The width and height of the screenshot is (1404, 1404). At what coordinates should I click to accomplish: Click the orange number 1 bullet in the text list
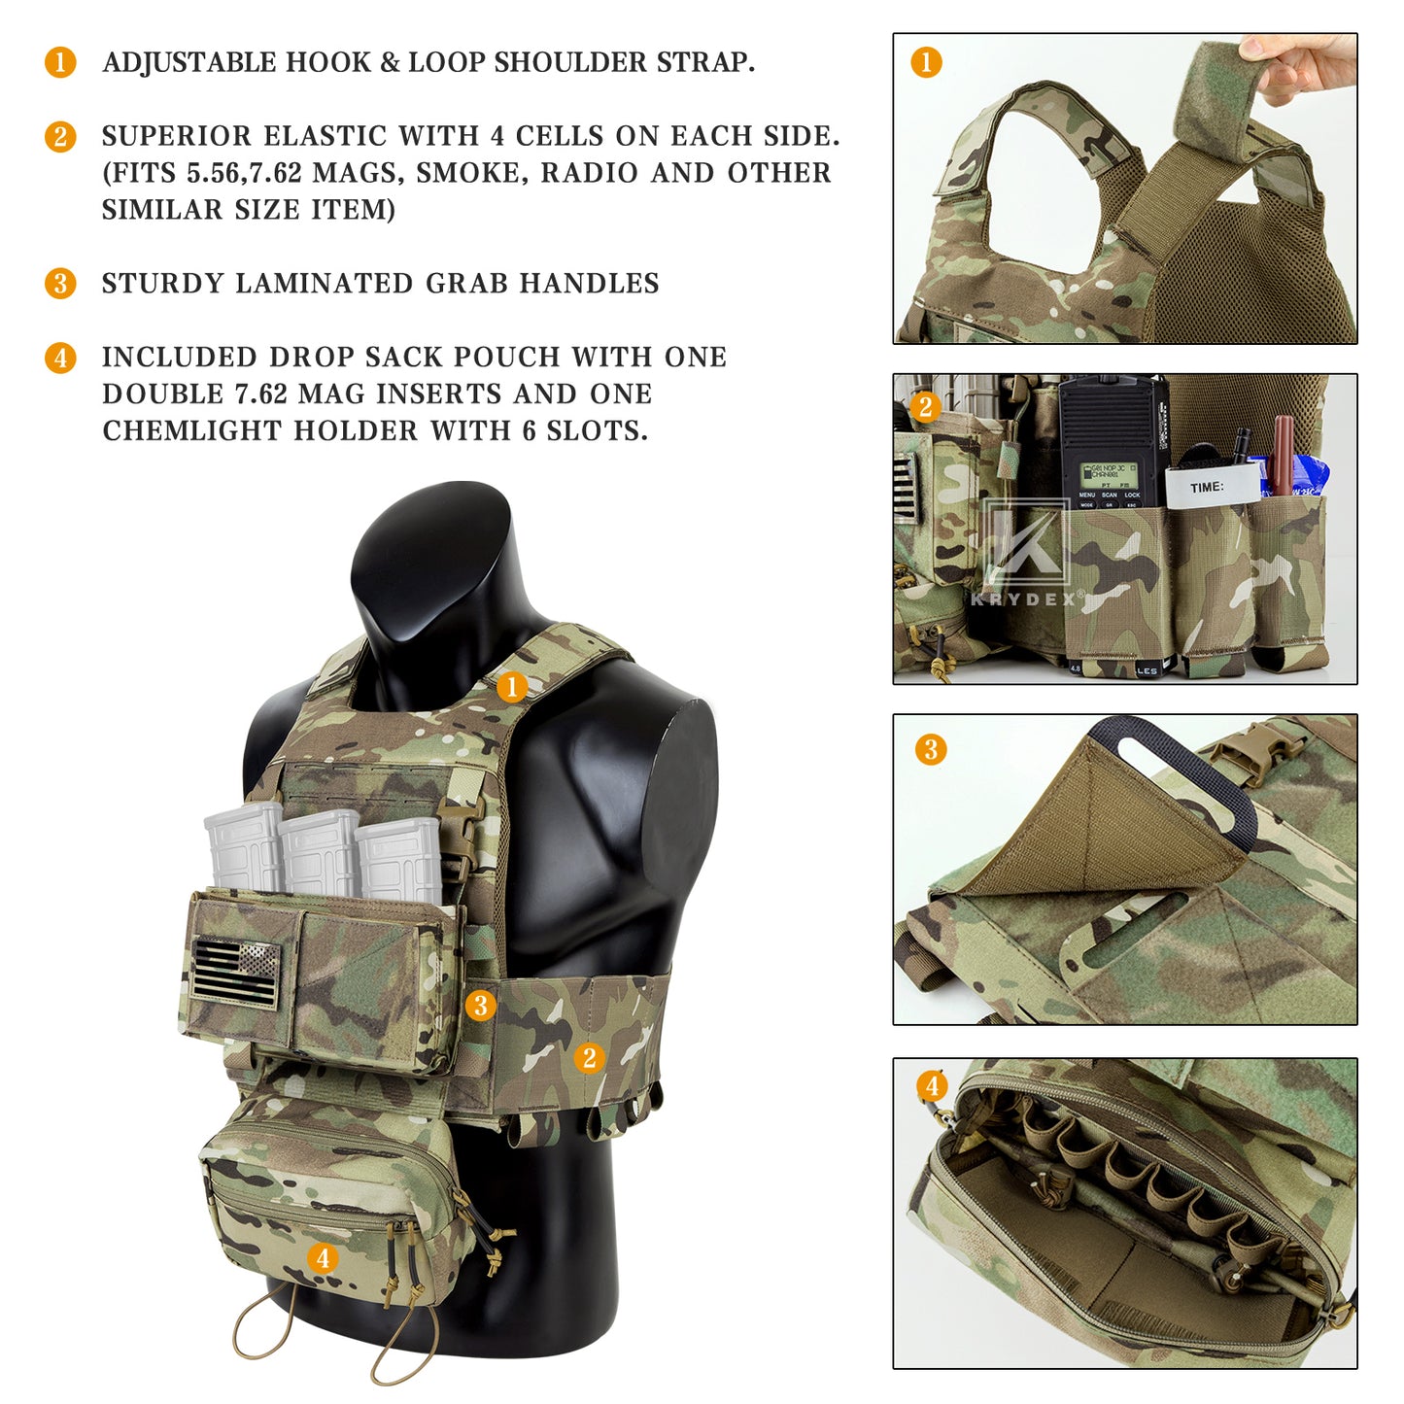tap(60, 62)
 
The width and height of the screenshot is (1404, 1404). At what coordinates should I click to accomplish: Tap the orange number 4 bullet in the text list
tap(60, 358)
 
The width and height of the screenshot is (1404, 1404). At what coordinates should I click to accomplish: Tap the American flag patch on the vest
tap(235, 973)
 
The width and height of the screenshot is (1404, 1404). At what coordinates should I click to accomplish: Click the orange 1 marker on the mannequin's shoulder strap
tap(512, 688)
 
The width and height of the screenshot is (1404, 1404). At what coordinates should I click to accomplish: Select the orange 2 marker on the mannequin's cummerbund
tap(589, 1057)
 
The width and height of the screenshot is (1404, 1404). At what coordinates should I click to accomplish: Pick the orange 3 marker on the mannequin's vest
tap(480, 1006)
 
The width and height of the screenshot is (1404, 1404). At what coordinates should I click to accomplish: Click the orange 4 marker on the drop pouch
tap(323, 1258)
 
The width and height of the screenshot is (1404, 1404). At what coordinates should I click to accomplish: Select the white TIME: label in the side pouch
tap(1211, 487)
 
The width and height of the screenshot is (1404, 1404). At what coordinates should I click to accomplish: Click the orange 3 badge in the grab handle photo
tap(931, 749)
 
